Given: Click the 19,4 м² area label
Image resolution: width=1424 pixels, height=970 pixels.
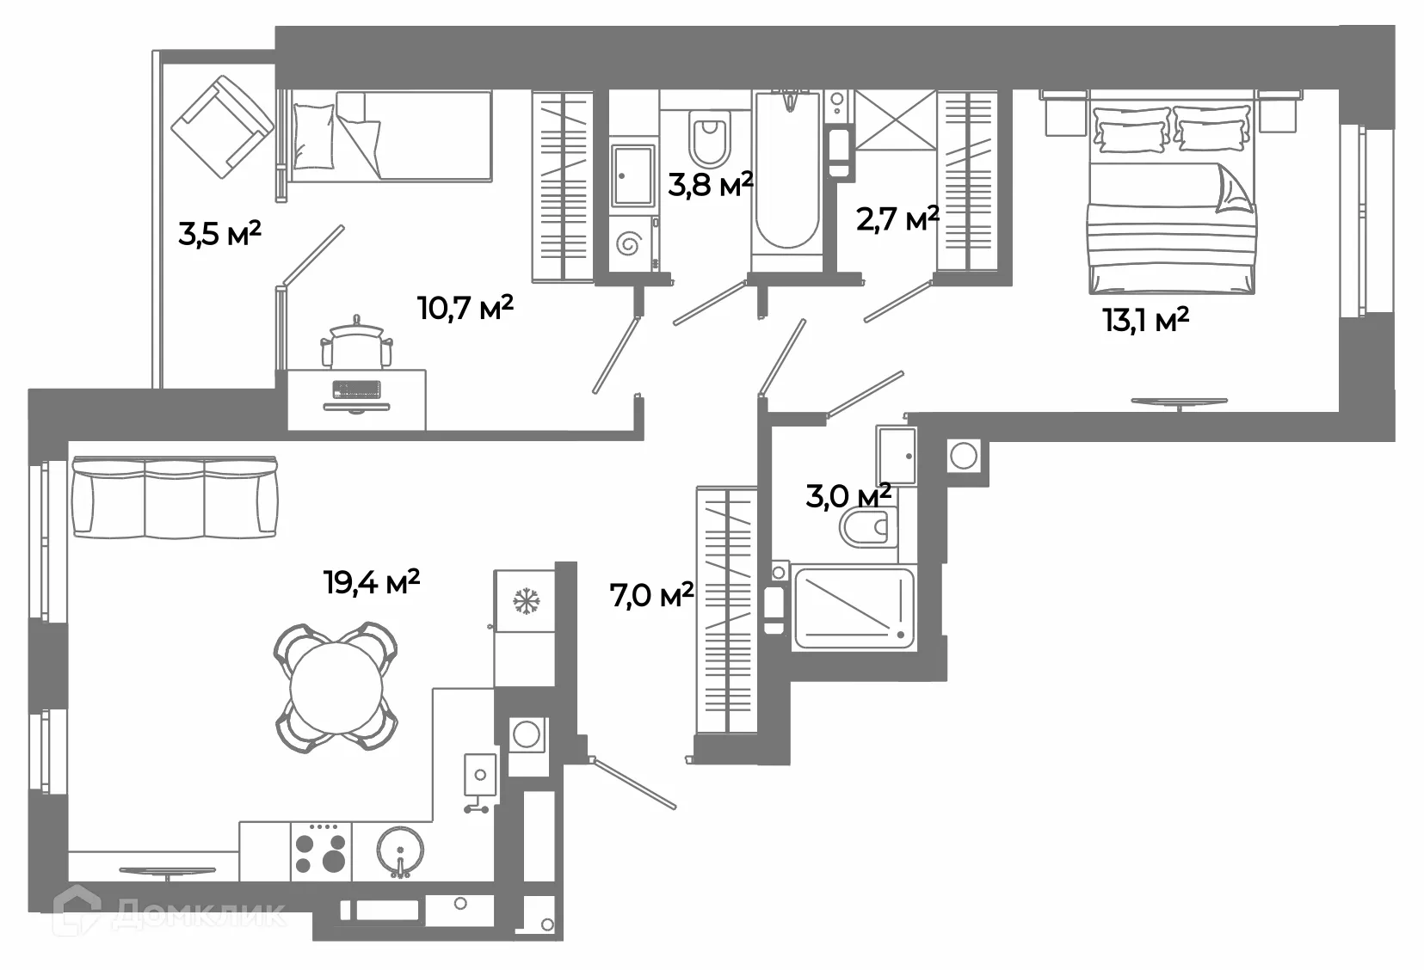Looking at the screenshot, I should [372, 582].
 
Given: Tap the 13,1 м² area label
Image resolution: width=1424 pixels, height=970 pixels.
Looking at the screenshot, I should [1145, 321].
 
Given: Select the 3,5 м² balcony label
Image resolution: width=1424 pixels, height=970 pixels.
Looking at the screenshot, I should [219, 233].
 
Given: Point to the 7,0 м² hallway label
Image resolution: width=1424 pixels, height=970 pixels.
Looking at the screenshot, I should [651, 594].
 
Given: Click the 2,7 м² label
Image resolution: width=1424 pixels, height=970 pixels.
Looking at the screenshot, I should [897, 218].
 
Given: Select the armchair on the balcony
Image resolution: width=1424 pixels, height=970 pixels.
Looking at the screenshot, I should [222, 126].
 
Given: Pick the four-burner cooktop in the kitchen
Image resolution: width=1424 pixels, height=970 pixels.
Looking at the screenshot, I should [321, 850].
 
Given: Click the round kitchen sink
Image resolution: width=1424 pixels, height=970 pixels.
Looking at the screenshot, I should [400, 850].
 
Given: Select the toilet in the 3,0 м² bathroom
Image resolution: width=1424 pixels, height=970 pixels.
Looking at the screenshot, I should [869, 526].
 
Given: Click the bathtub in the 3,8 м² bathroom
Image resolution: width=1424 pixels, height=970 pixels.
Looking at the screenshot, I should [786, 172].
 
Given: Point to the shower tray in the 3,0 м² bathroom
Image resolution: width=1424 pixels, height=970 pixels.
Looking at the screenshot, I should [854, 607].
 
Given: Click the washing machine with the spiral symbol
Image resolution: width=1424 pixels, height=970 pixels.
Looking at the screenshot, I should [630, 244].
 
